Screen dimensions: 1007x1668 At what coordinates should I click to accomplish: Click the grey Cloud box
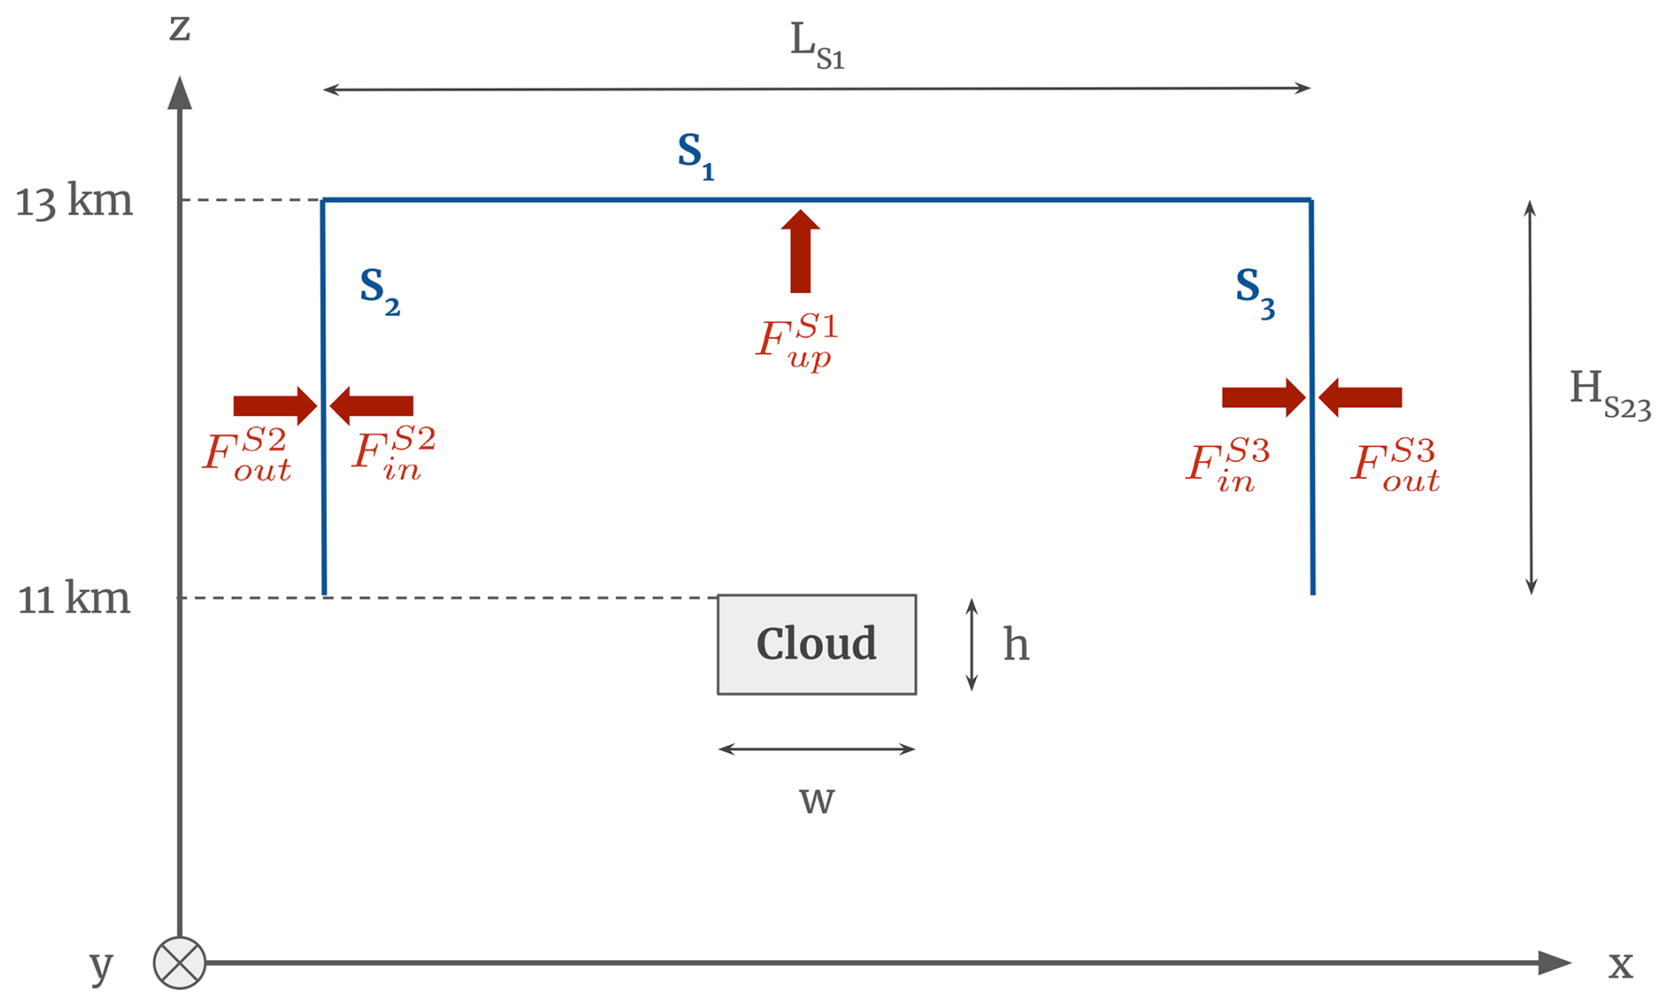816,645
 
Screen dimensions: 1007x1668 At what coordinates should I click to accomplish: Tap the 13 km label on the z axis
74,202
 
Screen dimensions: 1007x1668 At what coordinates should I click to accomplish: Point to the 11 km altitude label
74,600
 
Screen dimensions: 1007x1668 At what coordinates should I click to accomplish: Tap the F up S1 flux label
796,342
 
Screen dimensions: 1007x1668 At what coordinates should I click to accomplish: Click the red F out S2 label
247,453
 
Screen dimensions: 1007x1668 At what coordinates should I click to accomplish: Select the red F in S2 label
393,453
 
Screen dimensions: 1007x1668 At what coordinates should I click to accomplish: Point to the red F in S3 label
1227,464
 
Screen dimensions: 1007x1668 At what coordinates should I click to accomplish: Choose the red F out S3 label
1396,464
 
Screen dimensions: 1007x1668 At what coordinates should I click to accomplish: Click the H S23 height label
1609,393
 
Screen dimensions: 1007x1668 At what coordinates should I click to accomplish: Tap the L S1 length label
816,46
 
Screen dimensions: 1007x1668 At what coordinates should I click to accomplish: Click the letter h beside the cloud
1016,645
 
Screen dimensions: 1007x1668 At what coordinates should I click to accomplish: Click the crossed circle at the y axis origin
180,963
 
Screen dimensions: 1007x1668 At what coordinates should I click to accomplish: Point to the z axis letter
180,28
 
